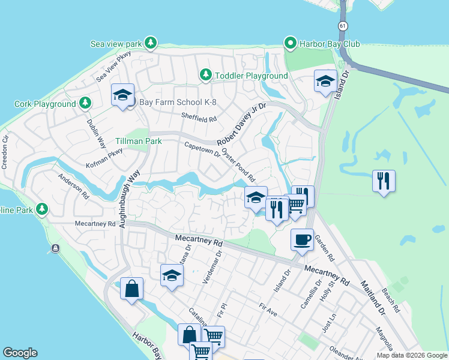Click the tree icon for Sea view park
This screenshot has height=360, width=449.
pyautogui.click(x=151, y=43)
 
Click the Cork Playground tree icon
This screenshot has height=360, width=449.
pyautogui.click(x=85, y=103)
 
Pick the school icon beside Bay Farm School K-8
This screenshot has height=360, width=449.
pyautogui.click(x=122, y=95)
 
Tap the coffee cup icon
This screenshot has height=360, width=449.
pyautogui.click(x=302, y=239)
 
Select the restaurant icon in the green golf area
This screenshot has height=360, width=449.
pyautogui.click(x=383, y=180)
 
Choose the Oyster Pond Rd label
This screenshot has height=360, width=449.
pyautogui.click(x=238, y=166)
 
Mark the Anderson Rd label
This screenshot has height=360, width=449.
pyautogui.click(x=73, y=187)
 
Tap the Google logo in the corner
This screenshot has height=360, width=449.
pyautogui.click(x=20, y=353)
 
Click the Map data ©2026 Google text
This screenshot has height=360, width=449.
pyautogui.click(x=411, y=355)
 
